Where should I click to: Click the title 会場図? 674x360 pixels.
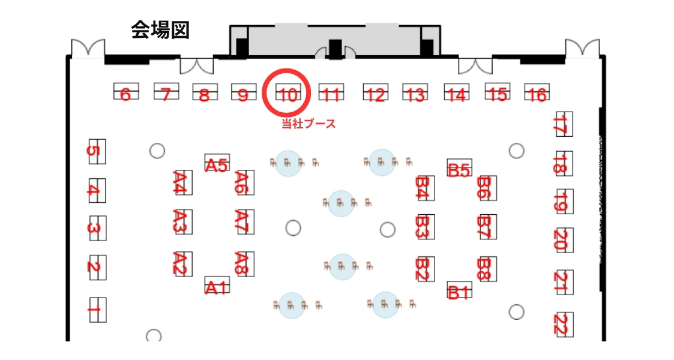coord(160,31)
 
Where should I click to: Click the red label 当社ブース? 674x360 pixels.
coord(308,124)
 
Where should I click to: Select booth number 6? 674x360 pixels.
coord(126,92)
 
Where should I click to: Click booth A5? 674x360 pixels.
coord(217,163)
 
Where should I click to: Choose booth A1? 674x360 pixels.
coord(217,286)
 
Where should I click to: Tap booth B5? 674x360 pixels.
coord(460,169)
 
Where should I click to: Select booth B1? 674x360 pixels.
coord(460,291)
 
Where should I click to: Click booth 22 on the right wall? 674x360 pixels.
coord(564,324)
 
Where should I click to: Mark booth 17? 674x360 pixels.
coord(564,124)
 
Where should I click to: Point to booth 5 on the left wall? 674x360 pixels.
coord(96,151)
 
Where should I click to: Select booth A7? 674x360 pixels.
coord(245,222)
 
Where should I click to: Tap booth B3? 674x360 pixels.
coord(425,226)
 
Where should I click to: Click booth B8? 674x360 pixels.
coord(487,269)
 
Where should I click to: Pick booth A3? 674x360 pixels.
coord(182,222)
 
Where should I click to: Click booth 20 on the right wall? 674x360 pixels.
coord(564,241)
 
